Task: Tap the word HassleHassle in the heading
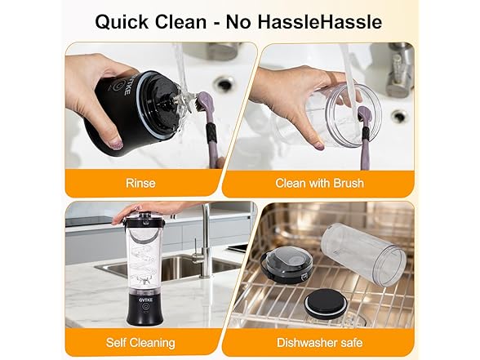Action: pyautogui.click(x=320, y=22)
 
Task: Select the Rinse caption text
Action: pyautogui.click(x=140, y=183)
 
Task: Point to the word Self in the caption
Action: pyautogui.click(x=115, y=342)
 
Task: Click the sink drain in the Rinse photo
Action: pyautogui.click(x=224, y=82)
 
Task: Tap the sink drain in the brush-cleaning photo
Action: pyautogui.click(x=399, y=116)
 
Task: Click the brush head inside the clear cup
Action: pyautogui.click(x=365, y=114)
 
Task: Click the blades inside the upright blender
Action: pyautogui.click(x=144, y=278)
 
